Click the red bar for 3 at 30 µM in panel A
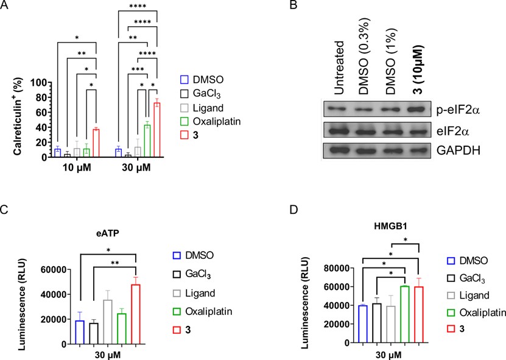pos(156,130)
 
